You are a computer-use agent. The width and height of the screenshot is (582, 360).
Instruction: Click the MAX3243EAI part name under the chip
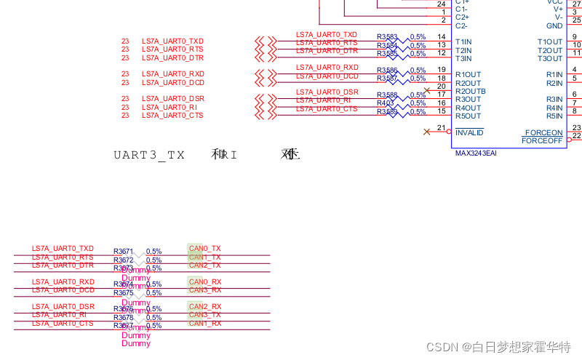click(476, 153)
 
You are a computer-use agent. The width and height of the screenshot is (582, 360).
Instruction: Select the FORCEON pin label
click(543, 132)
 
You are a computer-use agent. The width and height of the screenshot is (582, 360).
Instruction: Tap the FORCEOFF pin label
click(542, 140)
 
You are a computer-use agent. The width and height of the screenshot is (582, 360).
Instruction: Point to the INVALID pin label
click(469, 133)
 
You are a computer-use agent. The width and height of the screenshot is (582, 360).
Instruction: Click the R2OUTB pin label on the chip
click(471, 91)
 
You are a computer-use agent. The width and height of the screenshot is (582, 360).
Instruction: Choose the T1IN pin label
click(463, 41)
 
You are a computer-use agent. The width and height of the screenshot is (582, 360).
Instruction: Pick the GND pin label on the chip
click(554, 25)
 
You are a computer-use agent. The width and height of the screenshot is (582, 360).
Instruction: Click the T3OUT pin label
click(550, 58)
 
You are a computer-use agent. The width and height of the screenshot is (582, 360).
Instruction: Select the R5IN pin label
click(554, 116)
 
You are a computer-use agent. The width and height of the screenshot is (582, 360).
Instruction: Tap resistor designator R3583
click(387, 36)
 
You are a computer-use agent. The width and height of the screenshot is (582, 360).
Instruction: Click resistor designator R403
click(386, 103)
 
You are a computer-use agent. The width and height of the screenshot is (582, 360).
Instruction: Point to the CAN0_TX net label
click(204, 249)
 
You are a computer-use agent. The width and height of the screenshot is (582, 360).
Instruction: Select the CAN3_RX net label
click(204, 290)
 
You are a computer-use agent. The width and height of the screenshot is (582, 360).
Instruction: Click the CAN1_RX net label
click(204, 323)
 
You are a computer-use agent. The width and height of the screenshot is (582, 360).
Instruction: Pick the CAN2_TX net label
click(204, 265)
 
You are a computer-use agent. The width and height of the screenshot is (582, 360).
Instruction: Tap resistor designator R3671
click(123, 252)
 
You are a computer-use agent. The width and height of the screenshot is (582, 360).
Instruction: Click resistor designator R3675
click(123, 293)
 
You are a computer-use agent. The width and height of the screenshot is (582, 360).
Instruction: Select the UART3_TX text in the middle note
click(149, 155)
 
